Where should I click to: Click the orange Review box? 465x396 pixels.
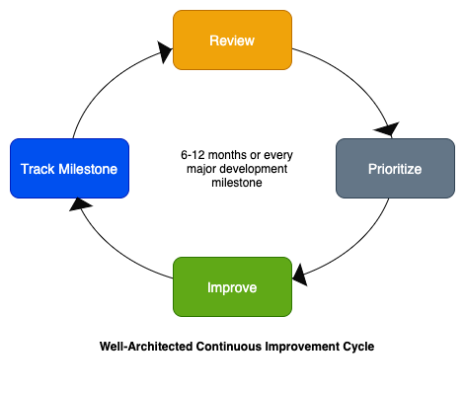tap(232, 40)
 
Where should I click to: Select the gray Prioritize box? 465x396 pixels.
tap(395, 169)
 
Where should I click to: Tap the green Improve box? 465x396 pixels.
tap(232, 287)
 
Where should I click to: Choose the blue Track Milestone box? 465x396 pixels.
tap(68, 169)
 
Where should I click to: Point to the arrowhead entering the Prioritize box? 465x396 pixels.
tap(387, 130)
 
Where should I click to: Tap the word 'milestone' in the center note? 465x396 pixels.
tap(231, 183)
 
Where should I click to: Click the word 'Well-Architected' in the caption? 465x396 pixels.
tap(145, 348)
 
